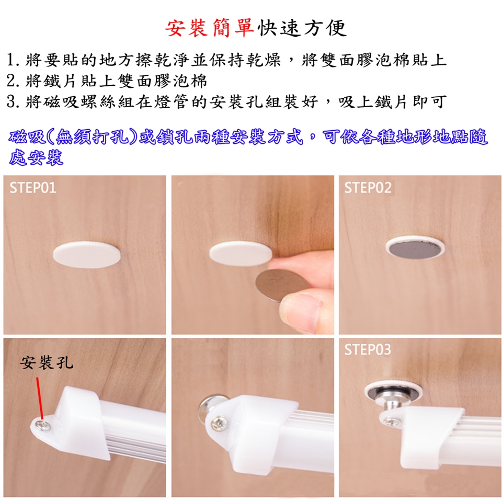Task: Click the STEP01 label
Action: pos(32,187)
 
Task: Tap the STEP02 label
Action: pos(368,188)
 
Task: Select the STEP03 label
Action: pos(368,350)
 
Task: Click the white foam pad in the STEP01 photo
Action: pos(86,255)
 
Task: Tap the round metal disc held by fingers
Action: pos(279,285)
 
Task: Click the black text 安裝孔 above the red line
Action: pos(47,363)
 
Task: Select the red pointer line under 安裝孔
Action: pos(40,398)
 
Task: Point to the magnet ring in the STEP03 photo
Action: pos(393,392)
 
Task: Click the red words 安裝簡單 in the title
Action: pos(210,28)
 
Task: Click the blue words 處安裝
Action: pos(36,157)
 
